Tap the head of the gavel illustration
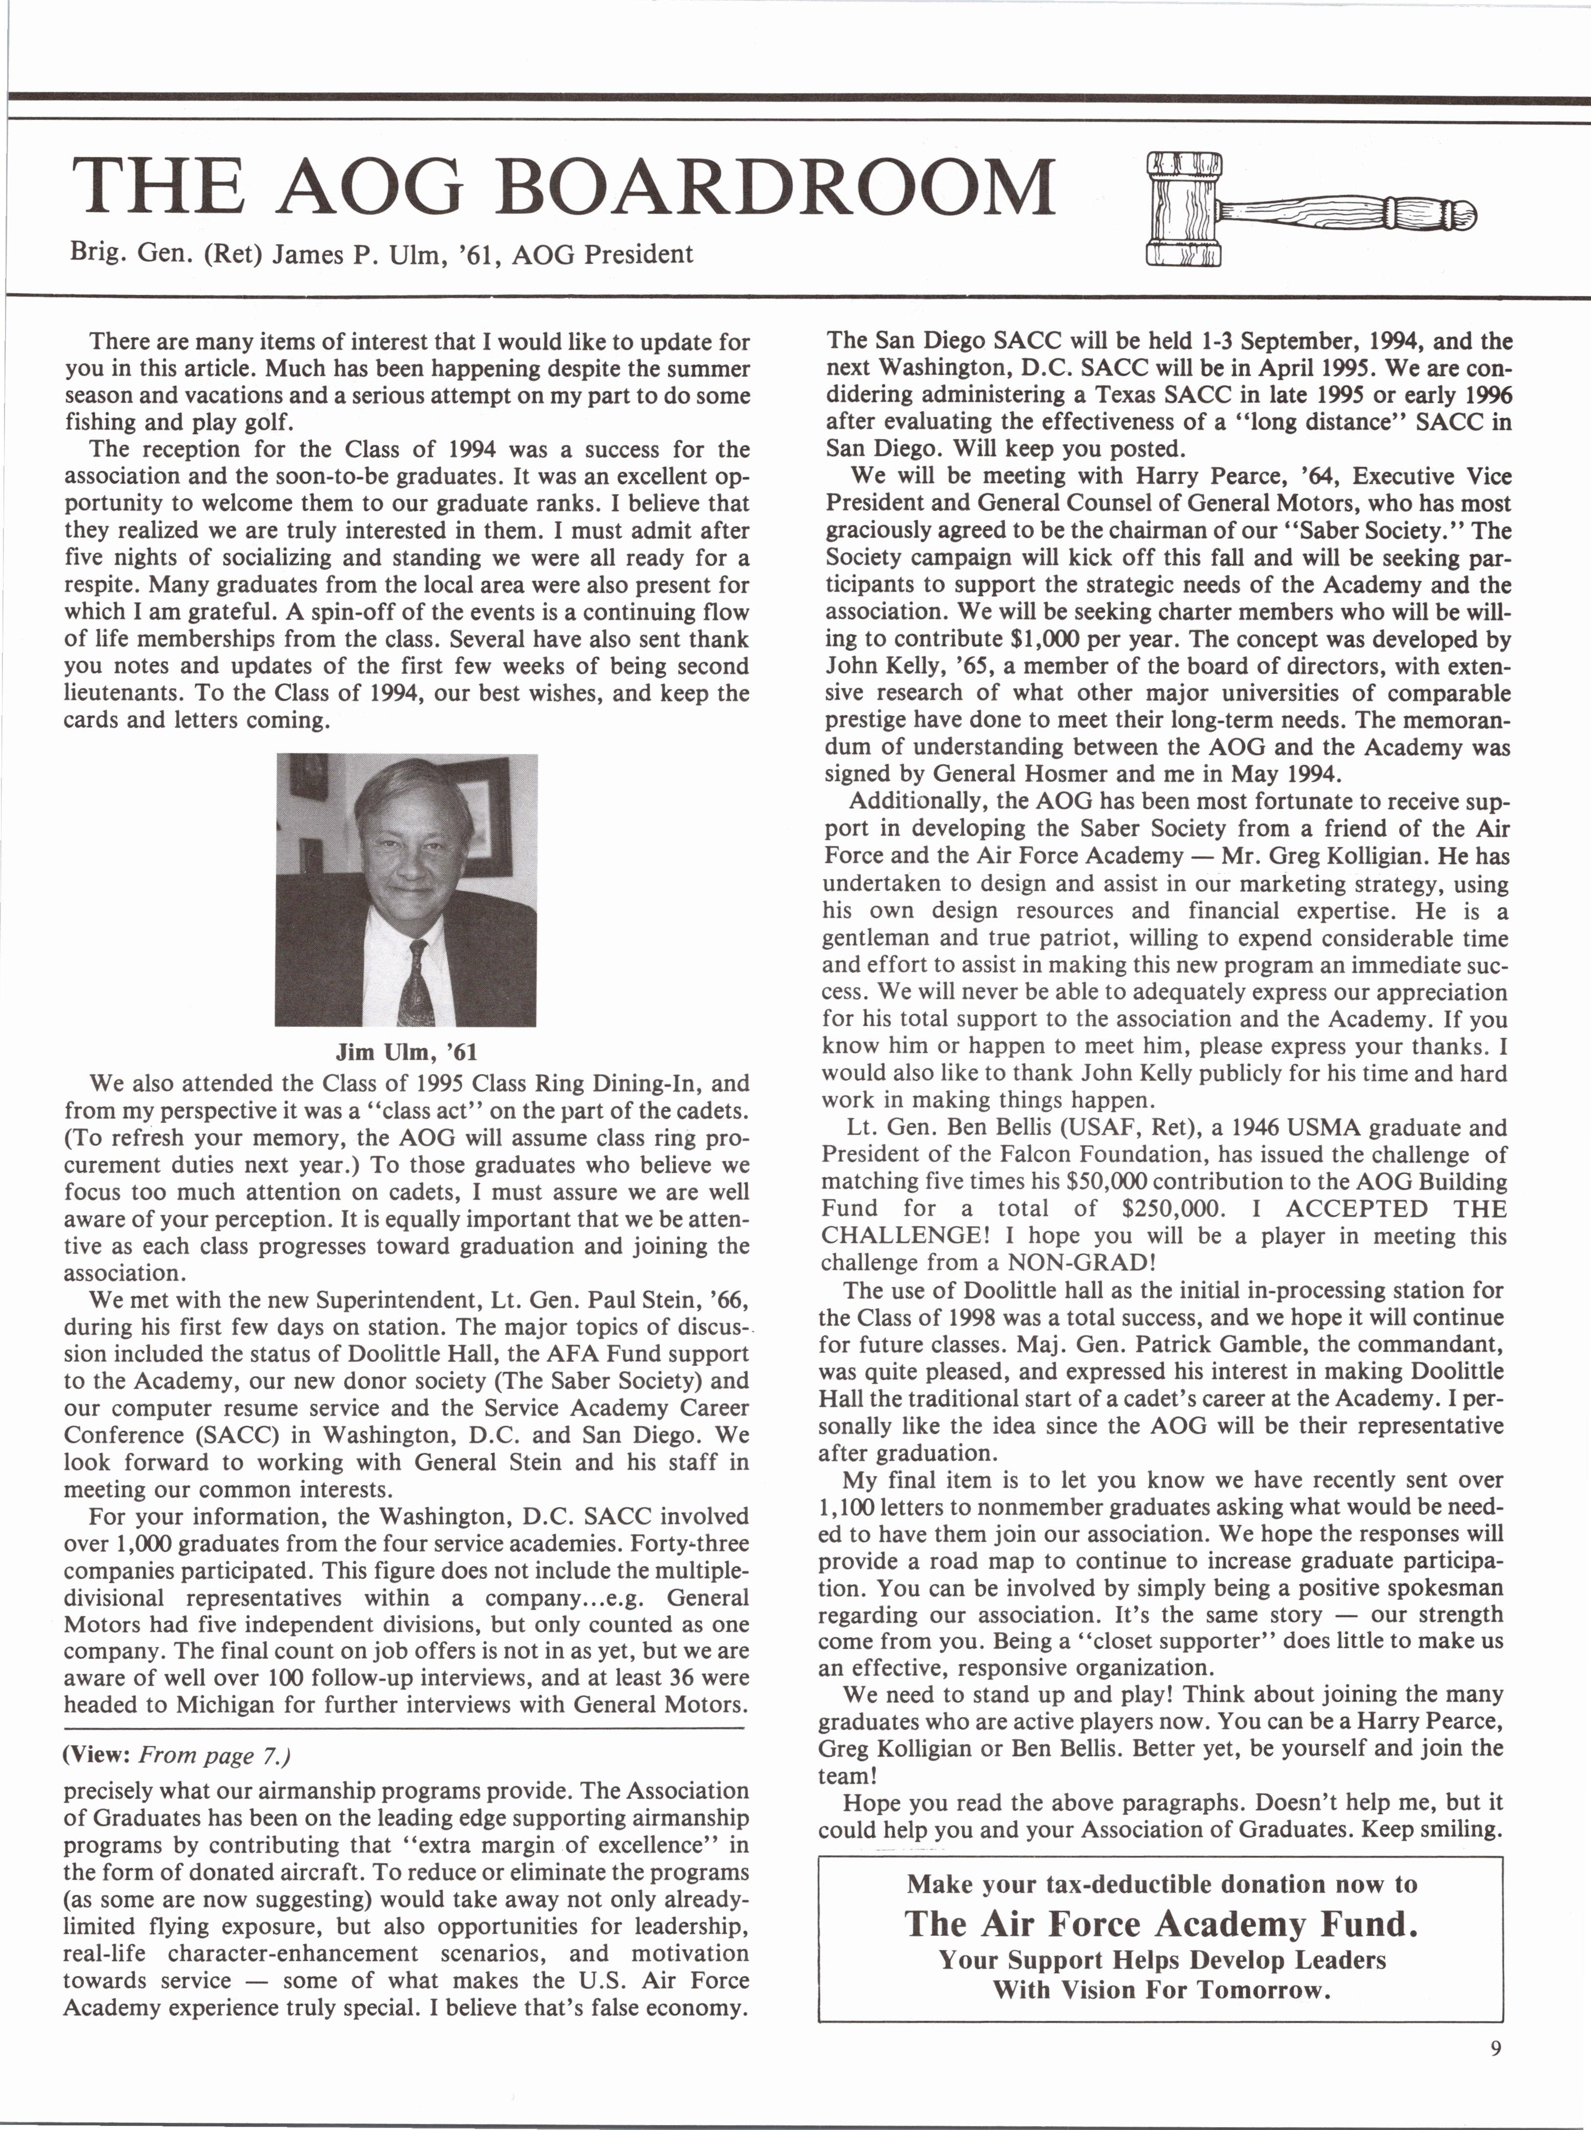click(x=1184, y=209)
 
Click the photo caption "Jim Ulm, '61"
click(x=407, y=1052)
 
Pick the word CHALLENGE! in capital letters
click(x=901, y=1235)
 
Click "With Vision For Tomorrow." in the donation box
click(x=1160, y=1990)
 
